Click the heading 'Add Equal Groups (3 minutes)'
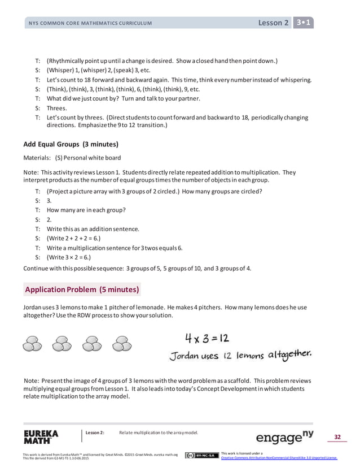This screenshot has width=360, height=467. click(71, 143)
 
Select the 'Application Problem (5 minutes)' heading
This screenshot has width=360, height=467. click(82, 290)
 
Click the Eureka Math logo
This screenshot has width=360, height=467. click(41, 437)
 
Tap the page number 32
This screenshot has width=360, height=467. click(337, 436)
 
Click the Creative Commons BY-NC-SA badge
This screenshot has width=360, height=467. click(201, 455)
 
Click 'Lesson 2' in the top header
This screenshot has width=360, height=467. click(273, 23)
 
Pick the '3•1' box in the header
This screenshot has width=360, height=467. click(305, 23)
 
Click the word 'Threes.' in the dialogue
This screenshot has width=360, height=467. click(56, 109)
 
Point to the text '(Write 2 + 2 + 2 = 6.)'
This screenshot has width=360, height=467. click(77, 239)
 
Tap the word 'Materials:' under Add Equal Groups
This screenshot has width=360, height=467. click(37, 158)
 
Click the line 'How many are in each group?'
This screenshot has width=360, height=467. click(86, 210)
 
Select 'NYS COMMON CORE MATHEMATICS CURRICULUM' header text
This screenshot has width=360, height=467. click(90, 23)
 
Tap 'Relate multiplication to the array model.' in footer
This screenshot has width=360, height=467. click(159, 433)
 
